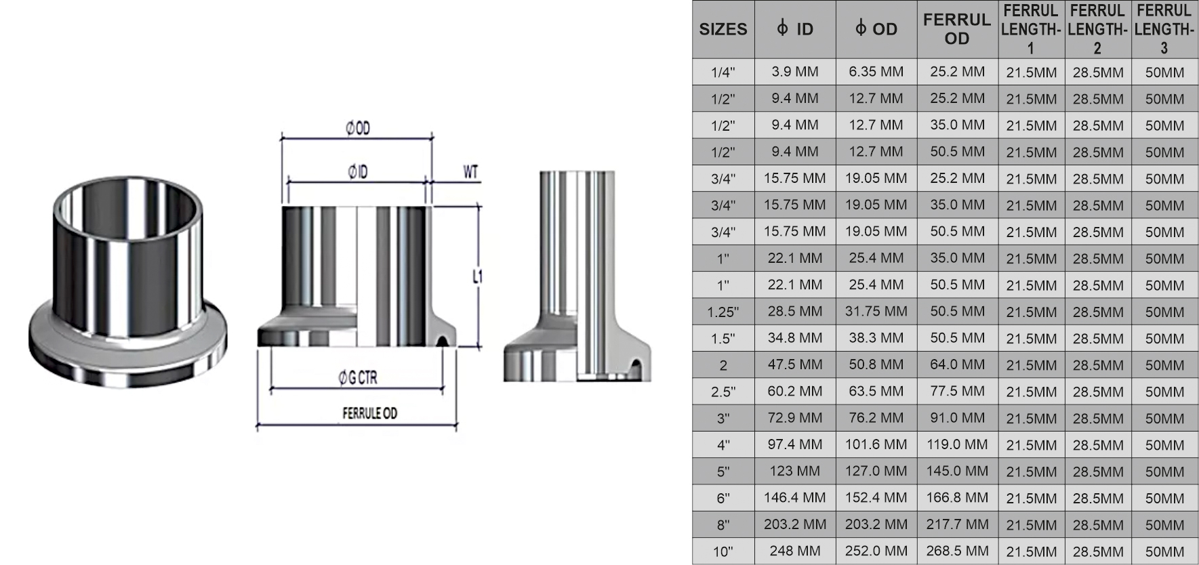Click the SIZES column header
pyautogui.click(x=723, y=29)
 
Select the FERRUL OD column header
pyautogui.click(x=957, y=29)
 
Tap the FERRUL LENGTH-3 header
pyautogui.click(x=1164, y=29)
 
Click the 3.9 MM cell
pyautogui.click(x=794, y=72)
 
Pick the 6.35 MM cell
pyautogui.click(x=876, y=72)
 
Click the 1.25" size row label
pyautogui.click(x=723, y=312)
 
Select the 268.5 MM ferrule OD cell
pyautogui.click(x=957, y=551)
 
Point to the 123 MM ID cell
pyautogui.click(x=794, y=471)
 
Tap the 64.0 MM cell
pyautogui.click(x=957, y=364)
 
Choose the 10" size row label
pyautogui.click(x=723, y=551)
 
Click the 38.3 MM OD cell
pyautogui.click(x=876, y=338)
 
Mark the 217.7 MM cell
pyautogui.click(x=957, y=524)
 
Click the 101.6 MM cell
pyautogui.click(x=876, y=444)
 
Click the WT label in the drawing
pyautogui.click(x=470, y=172)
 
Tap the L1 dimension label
pyautogui.click(x=477, y=276)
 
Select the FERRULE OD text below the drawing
pyautogui.click(x=369, y=413)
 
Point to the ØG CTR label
pyautogui.click(x=358, y=378)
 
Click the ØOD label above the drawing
pyautogui.click(x=358, y=128)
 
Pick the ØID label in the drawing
pyautogui.click(x=358, y=172)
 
